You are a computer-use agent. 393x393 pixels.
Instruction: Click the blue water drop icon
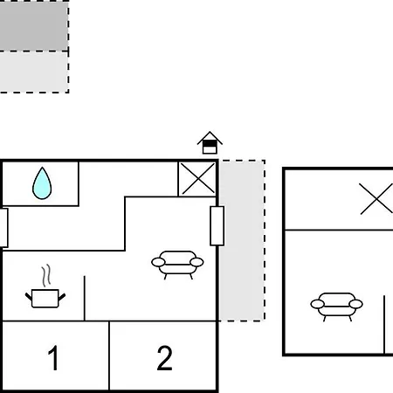(42, 183)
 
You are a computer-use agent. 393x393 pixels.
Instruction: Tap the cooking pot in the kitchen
(45, 299)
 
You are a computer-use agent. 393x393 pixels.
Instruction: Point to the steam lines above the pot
(46, 275)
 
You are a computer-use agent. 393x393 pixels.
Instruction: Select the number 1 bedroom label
(53, 358)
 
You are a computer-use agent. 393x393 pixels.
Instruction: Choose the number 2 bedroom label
(164, 358)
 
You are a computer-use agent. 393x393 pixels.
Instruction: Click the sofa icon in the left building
(177, 265)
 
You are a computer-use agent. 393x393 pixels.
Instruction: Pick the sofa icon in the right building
(336, 307)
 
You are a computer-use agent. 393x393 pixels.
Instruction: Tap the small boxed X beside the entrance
(197, 179)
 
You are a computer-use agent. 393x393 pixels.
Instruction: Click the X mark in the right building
(376, 199)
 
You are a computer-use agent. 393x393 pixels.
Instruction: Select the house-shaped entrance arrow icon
(210, 142)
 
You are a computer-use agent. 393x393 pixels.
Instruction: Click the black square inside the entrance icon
(210, 144)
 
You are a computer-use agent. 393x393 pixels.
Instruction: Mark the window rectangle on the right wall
(217, 226)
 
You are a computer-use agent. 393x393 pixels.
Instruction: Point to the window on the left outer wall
(3, 228)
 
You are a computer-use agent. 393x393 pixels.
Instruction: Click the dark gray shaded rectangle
(34, 25)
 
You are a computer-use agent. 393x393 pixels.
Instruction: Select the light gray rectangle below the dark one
(34, 72)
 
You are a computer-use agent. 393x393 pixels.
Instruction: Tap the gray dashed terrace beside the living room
(242, 240)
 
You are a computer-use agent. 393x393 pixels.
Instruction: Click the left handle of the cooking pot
(29, 297)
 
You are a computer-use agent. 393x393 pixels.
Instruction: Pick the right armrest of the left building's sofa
(196, 262)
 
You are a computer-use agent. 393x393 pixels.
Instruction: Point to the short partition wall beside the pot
(85, 299)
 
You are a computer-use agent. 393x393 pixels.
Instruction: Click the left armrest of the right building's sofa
(317, 304)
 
